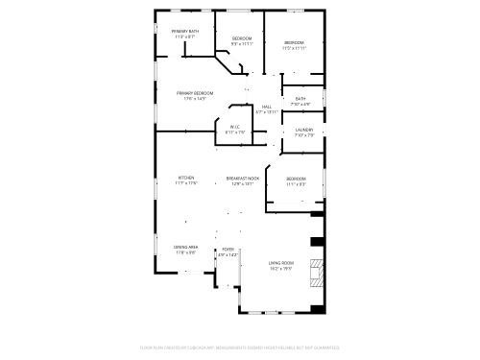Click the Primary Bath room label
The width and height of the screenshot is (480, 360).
[185, 32]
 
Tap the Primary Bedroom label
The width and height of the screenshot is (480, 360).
[194, 92]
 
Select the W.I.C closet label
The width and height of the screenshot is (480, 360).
[234, 127]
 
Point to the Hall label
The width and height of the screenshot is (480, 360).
[267, 107]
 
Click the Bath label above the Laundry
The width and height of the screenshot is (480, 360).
[300, 99]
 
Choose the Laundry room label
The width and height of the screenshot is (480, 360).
[303, 130]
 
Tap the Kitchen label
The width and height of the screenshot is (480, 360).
[186, 178]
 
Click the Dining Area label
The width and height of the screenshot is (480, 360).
[186, 248]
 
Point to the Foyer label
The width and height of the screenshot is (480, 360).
[228, 249]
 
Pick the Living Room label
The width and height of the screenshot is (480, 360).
[280, 262]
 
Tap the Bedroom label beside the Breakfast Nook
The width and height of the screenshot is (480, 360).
[296, 179]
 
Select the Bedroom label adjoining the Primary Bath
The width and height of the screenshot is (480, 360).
[241, 37]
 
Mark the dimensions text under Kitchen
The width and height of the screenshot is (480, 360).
[186, 183]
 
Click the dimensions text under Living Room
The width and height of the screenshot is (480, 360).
[280, 268]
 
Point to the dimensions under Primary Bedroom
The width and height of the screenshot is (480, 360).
[194, 98]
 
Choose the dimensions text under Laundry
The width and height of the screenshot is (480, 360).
[303, 135]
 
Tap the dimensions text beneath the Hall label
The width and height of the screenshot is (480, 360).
[267, 112]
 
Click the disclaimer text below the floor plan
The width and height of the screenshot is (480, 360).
[240, 348]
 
